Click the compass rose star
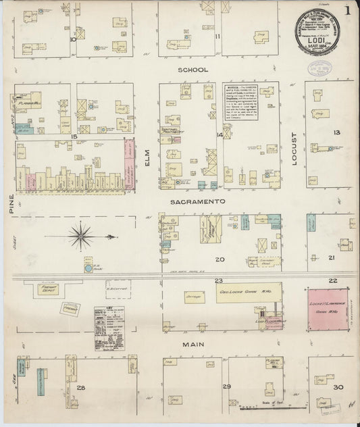[x=81, y=236]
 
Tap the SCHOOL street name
[x=189, y=70]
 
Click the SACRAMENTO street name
[x=197, y=201]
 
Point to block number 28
[x=81, y=387]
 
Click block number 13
[x=336, y=132]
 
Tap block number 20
[x=220, y=259]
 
